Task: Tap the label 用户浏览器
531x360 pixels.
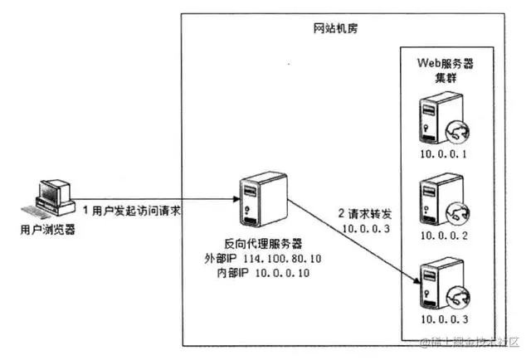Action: [x=46, y=230]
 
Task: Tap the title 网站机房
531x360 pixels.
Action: [x=330, y=28]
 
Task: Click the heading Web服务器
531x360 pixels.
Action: [x=450, y=65]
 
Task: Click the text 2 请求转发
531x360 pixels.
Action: [x=367, y=212]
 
